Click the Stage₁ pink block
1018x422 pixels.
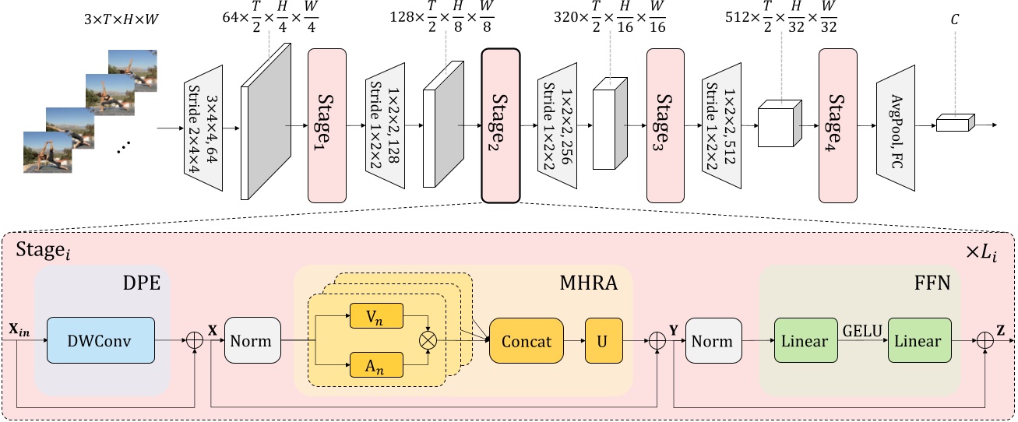[x=327, y=125]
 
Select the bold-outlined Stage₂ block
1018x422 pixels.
[x=501, y=125]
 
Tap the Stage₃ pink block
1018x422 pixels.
[x=665, y=125]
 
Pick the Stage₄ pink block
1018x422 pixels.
[x=837, y=125]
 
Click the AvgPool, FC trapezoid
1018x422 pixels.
[x=894, y=125]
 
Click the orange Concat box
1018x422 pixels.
[x=526, y=340]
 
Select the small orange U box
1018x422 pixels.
[x=604, y=340]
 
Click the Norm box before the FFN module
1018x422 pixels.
[x=712, y=340]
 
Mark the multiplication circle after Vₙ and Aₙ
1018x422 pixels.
[x=427, y=340]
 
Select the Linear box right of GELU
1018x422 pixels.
[x=920, y=340]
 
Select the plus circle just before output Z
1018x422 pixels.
[x=985, y=340]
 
